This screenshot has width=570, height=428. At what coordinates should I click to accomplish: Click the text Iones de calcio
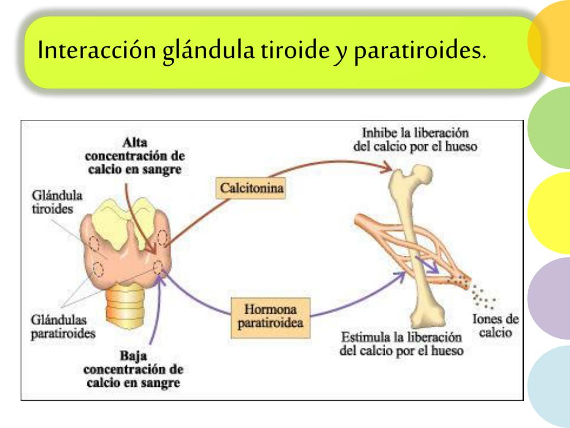click(495, 325)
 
